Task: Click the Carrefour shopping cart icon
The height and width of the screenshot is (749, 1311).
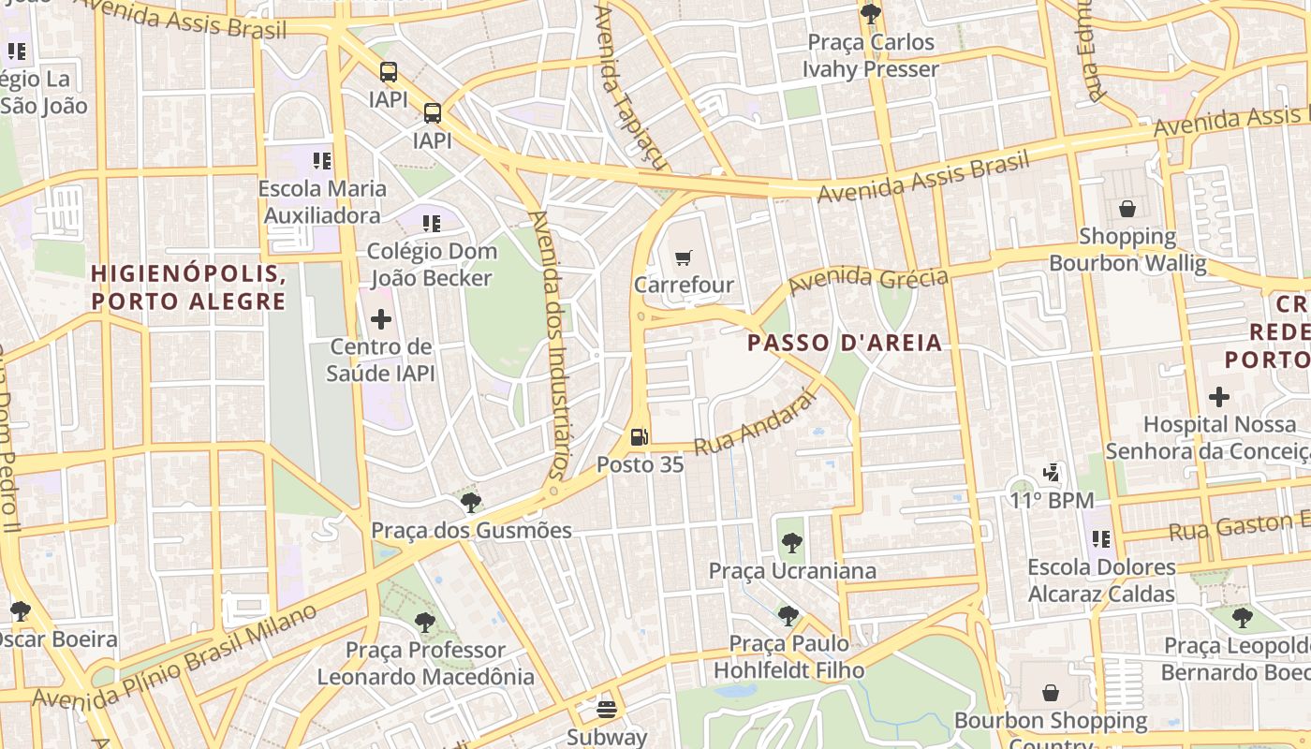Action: [685, 257]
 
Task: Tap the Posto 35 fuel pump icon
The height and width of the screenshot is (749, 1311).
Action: [640, 436]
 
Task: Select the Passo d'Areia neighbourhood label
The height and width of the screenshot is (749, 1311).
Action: [845, 343]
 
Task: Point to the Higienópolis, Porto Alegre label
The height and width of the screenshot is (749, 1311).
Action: [188, 287]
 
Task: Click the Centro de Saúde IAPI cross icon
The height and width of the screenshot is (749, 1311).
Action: [381, 320]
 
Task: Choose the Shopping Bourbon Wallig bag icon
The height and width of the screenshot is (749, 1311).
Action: [1127, 209]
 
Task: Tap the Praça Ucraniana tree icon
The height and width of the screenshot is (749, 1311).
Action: [792, 543]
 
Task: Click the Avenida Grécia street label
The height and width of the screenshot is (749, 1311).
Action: [868, 279]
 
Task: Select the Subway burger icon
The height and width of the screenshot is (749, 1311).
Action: [607, 709]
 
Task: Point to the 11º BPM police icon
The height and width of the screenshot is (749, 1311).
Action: [1052, 473]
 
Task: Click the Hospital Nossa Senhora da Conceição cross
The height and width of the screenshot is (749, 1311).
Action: [1218, 397]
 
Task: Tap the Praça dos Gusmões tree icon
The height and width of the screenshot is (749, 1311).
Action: [471, 503]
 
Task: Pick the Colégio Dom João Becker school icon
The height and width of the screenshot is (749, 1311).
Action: [431, 224]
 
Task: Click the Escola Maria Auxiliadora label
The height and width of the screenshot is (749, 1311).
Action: [322, 201]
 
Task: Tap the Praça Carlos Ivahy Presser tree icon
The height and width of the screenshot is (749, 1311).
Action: [871, 14]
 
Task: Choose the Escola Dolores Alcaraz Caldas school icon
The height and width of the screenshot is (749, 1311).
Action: [1101, 539]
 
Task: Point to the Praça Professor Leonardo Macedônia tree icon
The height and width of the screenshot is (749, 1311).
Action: [425, 623]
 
